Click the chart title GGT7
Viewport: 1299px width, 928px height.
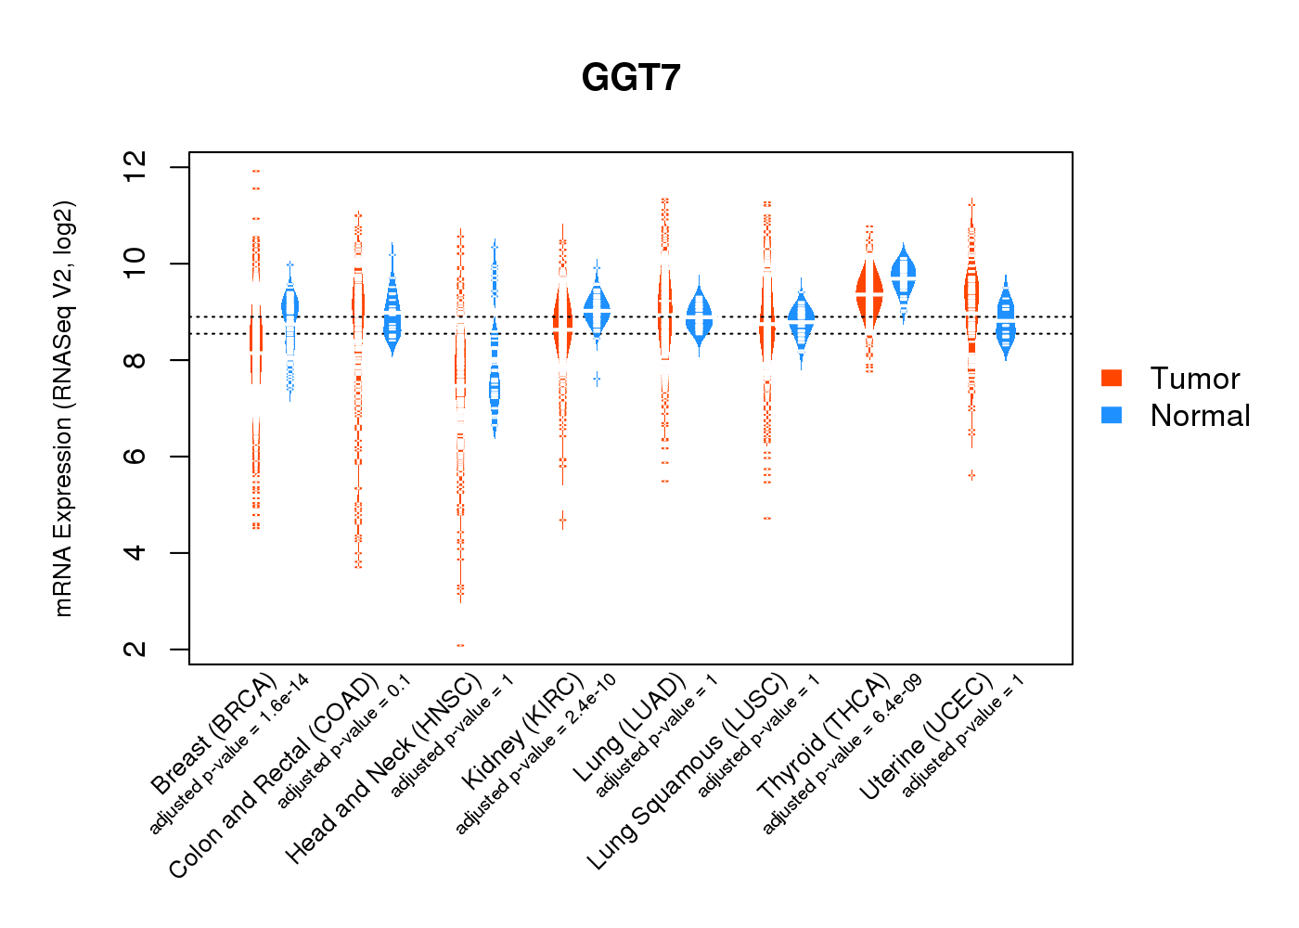pyautogui.click(x=631, y=78)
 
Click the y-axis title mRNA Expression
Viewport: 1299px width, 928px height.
pyautogui.click(x=63, y=408)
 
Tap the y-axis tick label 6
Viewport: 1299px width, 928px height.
pyautogui.click(x=135, y=457)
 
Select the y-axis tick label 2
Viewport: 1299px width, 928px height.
pyautogui.click(x=135, y=650)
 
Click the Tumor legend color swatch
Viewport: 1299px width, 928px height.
pyautogui.click(x=1112, y=378)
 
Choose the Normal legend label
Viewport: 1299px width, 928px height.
pyautogui.click(x=1200, y=416)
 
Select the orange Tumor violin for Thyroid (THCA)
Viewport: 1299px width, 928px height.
pyautogui.click(x=869, y=291)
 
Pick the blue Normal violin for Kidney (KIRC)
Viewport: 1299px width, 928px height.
pyautogui.click(x=597, y=312)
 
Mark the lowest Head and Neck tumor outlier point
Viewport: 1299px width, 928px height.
pyautogui.click(x=460, y=645)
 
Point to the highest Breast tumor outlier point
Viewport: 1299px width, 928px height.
pyautogui.click(x=256, y=171)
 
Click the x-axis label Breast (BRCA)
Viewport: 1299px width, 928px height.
pyautogui.click(x=214, y=734)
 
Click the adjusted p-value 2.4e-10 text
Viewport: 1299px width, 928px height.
pyautogui.click(x=536, y=754)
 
